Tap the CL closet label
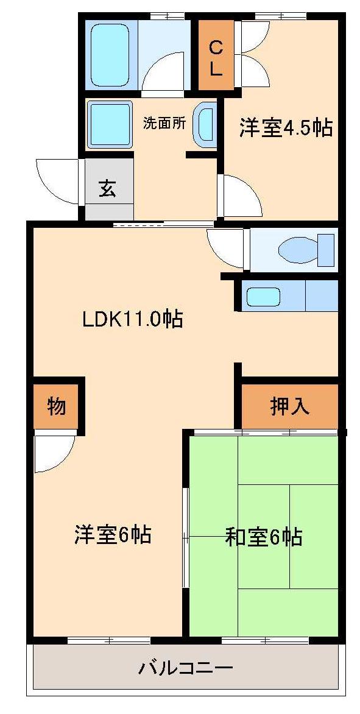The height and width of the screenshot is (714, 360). pyautogui.click(x=216, y=56)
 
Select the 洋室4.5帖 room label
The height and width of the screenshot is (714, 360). pyautogui.click(x=285, y=129)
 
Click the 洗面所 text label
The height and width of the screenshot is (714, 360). pyautogui.click(x=164, y=122)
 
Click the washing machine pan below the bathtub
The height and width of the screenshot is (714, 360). pyautogui.click(x=110, y=124)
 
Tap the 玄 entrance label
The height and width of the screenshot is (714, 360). pyautogui.click(x=108, y=188)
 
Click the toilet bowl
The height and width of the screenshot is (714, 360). pyautogui.click(x=299, y=249)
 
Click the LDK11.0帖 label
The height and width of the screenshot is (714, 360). pyautogui.click(x=132, y=319)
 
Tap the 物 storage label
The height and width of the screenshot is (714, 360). pyautogui.click(x=56, y=406)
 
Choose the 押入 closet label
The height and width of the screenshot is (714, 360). pyautogui.click(x=289, y=407)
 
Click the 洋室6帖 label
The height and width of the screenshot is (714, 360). pyautogui.click(x=113, y=535)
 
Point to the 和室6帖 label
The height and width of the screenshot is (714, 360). pyautogui.click(x=263, y=537)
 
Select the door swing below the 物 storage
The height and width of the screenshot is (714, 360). pyautogui.click(x=54, y=452)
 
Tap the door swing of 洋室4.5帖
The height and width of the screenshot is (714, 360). pyautogui.click(x=241, y=195)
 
